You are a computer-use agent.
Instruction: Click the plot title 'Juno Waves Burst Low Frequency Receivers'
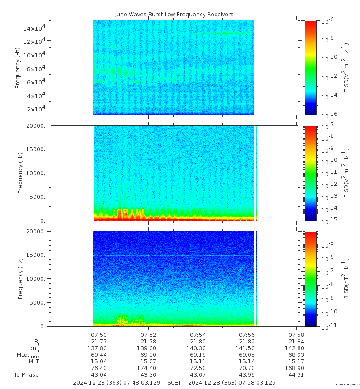pos(174,15)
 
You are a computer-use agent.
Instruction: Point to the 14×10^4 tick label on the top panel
pos(38,28)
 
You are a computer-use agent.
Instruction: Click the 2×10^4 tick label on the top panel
pos(39,109)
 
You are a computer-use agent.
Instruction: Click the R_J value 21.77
pos(99,342)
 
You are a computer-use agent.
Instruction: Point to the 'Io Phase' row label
pos(27,375)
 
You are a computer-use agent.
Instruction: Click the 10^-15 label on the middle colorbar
pos(329,220)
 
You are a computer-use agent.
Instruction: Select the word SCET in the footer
pos(174,382)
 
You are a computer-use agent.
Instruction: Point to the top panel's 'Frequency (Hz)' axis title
pos(18,67)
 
